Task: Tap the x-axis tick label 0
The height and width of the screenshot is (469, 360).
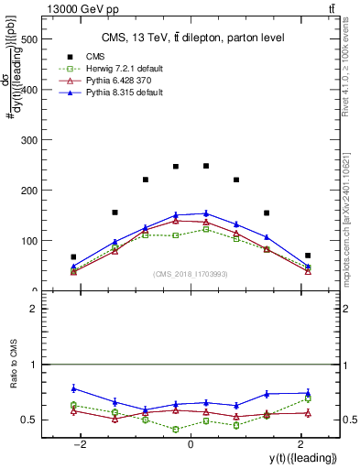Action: pos(190,443)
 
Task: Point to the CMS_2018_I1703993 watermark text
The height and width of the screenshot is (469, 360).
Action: pos(190,275)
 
